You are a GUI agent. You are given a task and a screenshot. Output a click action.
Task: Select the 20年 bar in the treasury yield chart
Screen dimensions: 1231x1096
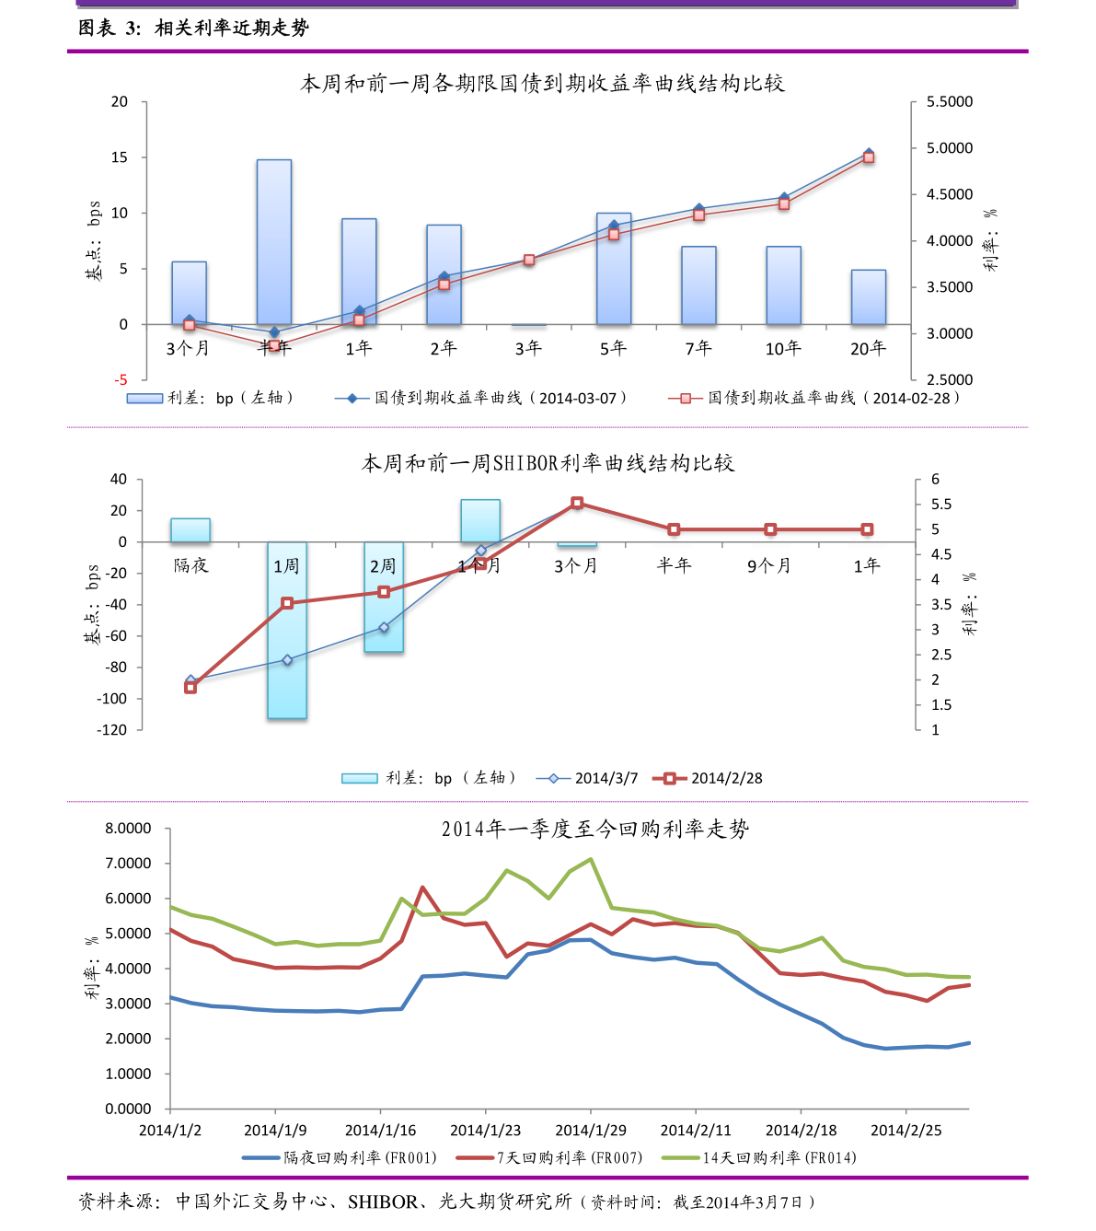click(868, 296)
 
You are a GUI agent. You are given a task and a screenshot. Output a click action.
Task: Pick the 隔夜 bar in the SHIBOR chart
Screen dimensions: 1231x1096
click(190, 529)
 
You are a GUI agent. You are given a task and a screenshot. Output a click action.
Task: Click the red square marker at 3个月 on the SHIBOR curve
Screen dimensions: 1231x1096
click(577, 503)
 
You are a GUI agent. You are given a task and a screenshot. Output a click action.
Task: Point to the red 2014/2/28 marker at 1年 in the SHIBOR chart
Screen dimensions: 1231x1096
click(867, 529)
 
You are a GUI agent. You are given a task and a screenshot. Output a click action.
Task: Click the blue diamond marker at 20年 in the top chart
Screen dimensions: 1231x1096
click(869, 153)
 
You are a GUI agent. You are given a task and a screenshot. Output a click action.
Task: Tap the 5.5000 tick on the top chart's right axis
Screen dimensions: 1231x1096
click(949, 101)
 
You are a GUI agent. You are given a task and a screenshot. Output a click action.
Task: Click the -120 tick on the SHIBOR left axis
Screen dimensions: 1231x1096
click(112, 730)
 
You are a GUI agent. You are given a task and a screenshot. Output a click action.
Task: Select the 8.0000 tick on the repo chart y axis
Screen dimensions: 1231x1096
click(128, 829)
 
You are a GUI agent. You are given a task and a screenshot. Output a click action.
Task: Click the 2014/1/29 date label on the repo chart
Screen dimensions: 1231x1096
click(590, 1131)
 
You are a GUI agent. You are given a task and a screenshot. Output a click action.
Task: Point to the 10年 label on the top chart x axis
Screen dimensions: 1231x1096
click(783, 348)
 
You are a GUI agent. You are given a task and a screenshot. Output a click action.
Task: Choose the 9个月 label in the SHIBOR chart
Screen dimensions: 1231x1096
click(769, 565)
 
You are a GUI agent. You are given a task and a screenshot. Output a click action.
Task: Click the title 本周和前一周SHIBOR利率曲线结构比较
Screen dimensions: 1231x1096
click(548, 463)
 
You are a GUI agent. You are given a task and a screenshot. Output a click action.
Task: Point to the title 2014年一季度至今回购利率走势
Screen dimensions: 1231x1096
click(594, 829)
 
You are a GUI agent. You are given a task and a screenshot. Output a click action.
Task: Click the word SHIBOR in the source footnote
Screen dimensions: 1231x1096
click(382, 1202)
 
